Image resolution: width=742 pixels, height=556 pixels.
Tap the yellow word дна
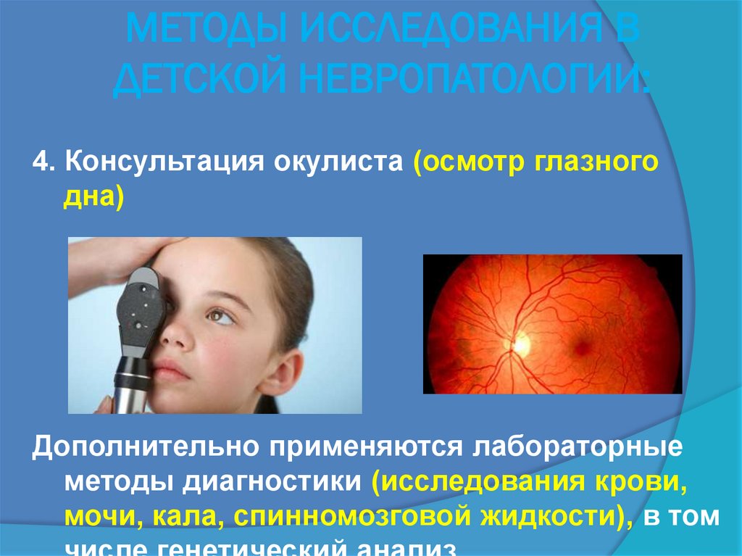87,196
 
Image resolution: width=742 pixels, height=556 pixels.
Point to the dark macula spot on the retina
581,347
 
